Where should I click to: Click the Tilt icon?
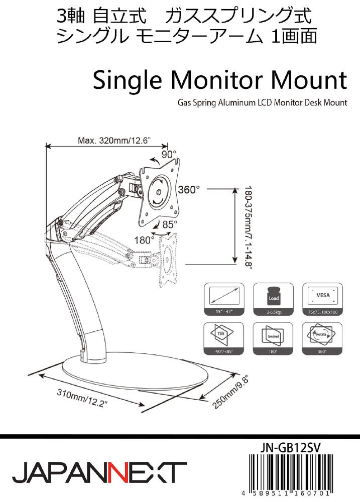click(224, 335)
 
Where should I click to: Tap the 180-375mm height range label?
click(247, 229)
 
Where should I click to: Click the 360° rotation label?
click(189, 190)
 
